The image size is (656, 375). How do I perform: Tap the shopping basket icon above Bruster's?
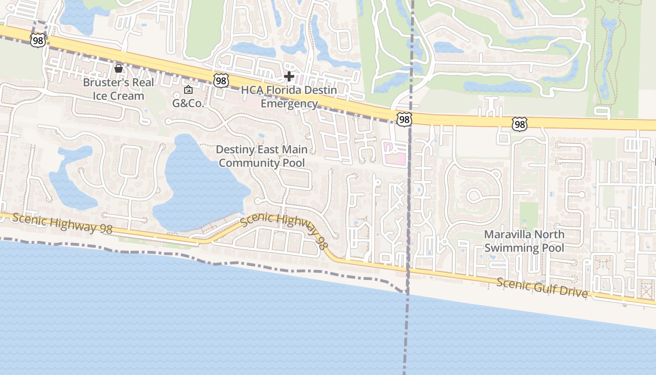(x=119, y=68)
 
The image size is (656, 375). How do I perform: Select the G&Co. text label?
(x=188, y=104)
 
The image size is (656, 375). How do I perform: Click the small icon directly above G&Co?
(x=188, y=90)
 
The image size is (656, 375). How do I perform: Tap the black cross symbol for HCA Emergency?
(x=289, y=76)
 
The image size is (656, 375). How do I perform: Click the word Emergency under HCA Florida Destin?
(x=289, y=104)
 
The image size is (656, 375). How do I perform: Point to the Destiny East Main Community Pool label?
(x=261, y=156)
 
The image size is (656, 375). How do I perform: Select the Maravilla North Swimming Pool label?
(x=524, y=241)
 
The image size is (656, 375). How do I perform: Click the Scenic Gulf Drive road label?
(x=542, y=287)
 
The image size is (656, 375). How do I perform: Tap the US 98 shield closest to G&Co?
(x=221, y=81)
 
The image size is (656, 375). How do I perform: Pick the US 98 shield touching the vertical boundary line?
(x=404, y=120)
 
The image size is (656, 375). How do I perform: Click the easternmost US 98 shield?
(x=519, y=124)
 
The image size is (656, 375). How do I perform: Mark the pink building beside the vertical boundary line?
(x=395, y=154)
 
